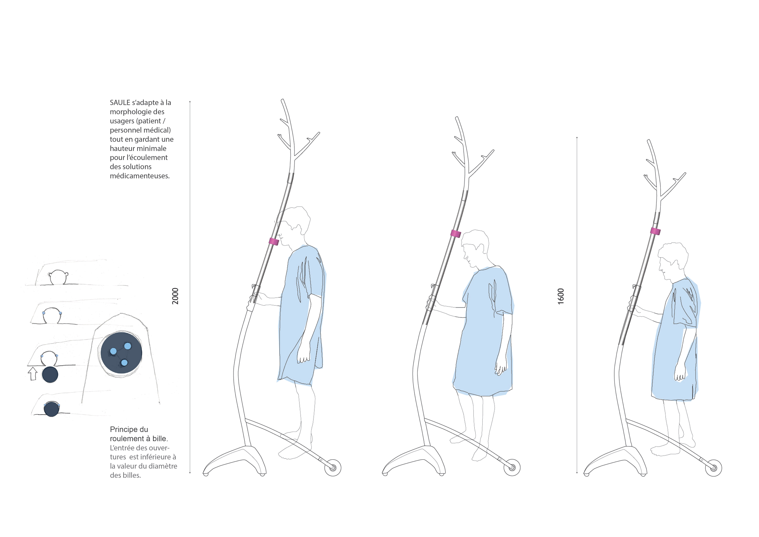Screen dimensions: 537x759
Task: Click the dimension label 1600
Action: (x=561, y=296)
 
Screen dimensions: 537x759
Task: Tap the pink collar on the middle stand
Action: (x=455, y=233)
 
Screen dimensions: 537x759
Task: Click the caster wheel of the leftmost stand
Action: (x=333, y=468)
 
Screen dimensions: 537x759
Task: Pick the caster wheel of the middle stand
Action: (x=512, y=468)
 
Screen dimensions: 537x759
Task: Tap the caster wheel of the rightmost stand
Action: (x=713, y=468)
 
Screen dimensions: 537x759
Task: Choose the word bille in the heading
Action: (x=159, y=439)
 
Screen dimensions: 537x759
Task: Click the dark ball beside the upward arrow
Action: (x=50, y=375)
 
